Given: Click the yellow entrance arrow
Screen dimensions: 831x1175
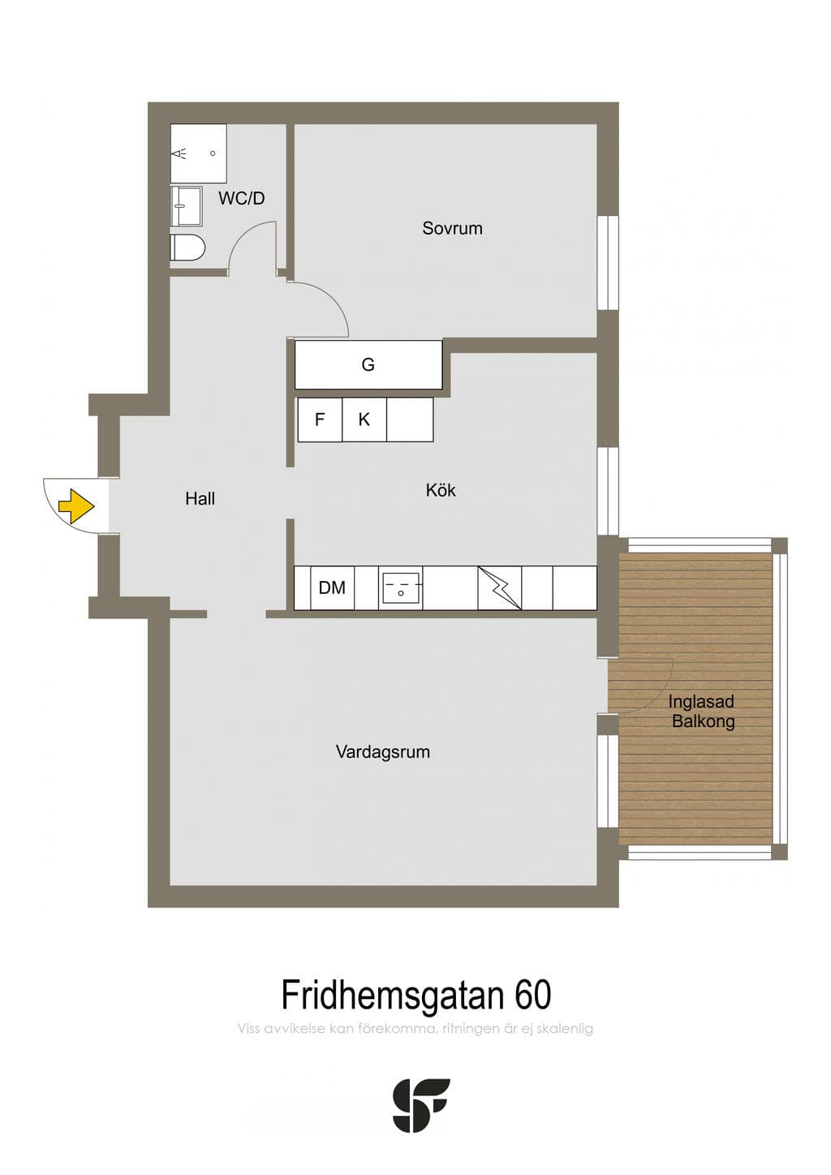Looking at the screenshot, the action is pyautogui.click(x=76, y=506).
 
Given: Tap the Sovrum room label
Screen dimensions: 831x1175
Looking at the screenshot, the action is pyautogui.click(x=452, y=228).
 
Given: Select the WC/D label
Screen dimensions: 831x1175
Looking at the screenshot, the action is pyautogui.click(x=241, y=198).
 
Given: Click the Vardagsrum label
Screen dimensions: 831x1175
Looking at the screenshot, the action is pyautogui.click(x=382, y=751).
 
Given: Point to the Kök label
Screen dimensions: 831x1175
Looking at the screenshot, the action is pyautogui.click(x=441, y=490).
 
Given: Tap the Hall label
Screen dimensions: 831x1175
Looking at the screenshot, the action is pyautogui.click(x=200, y=498).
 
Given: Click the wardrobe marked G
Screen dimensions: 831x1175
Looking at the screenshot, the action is pyautogui.click(x=368, y=364).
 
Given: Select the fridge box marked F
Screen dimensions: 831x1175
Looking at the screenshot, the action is pyautogui.click(x=320, y=419).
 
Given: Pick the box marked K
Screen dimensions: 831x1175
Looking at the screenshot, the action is pyautogui.click(x=364, y=419).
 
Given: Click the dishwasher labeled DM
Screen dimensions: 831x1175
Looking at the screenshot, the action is pyautogui.click(x=332, y=588).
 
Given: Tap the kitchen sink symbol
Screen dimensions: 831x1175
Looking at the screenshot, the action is pyautogui.click(x=401, y=588).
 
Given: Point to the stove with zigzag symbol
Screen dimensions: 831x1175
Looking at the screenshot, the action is pyautogui.click(x=499, y=588).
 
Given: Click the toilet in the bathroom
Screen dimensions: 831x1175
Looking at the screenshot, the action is pyautogui.click(x=187, y=247).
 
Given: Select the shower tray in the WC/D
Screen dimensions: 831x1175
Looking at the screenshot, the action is pyautogui.click(x=199, y=153).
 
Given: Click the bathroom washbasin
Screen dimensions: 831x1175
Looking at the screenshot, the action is pyautogui.click(x=186, y=205).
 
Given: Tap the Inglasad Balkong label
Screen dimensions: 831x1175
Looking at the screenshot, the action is pyautogui.click(x=702, y=712).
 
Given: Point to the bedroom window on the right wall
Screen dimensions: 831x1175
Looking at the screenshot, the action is pyautogui.click(x=609, y=263).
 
